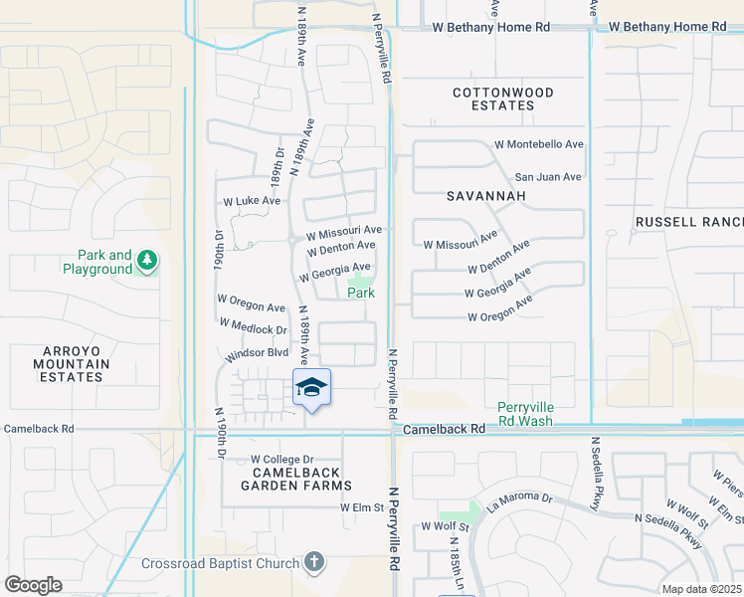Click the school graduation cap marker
pos(311,386)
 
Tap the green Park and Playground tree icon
pos(147,261)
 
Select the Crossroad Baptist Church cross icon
pos(314,563)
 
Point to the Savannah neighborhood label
pos(485,196)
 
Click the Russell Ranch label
pos(689,221)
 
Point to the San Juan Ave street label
pos(547,177)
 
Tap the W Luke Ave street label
pos(252,200)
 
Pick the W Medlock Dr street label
pos(253,330)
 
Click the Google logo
pos(33,585)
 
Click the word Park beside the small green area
pos(360,293)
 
